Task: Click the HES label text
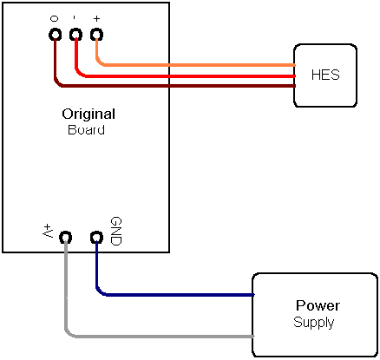[325, 75]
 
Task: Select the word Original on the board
[88, 114]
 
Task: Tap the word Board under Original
[86, 129]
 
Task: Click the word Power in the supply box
[318, 305]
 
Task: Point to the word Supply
[314, 322]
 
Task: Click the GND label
[116, 232]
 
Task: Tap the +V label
[48, 231]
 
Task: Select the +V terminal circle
[66, 238]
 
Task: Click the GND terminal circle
[96, 238]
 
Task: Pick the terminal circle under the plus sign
[96, 35]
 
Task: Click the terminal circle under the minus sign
[75, 35]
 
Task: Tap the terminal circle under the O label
[55, 35]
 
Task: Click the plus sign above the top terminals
[96, 19]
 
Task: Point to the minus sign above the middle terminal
[75, 18]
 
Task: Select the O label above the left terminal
[54, 19]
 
